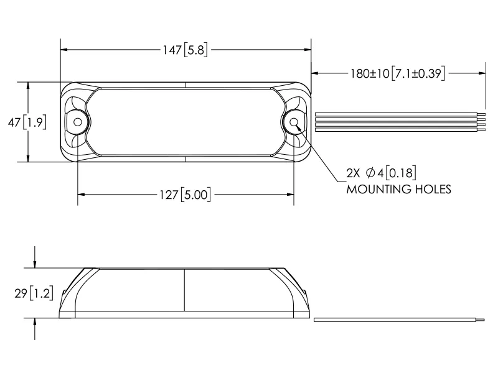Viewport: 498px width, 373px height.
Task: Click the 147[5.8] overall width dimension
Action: pos(185,50)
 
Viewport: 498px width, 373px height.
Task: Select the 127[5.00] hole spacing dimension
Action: pos(185,195)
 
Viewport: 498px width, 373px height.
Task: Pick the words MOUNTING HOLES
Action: pos(398,189)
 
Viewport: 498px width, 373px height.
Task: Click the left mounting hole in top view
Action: pos(77,122)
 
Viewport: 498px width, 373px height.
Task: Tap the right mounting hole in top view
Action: pos(293,122)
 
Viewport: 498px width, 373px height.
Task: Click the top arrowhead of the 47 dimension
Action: pos(28,86)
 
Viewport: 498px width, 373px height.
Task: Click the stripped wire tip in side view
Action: pos(481,320)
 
